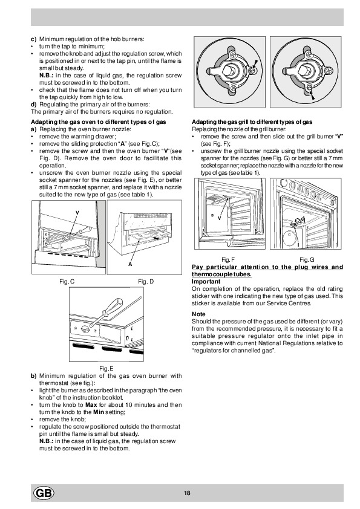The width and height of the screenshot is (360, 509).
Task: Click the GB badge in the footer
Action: [44, 493]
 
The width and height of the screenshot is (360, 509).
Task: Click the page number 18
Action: [187, 493]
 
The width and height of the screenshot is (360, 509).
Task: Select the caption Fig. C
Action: [67, 282]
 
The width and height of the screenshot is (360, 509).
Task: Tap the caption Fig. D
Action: [146, 282]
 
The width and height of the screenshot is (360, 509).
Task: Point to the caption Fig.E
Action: [106, 368]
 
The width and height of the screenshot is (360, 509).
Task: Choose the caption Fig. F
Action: [227, 259]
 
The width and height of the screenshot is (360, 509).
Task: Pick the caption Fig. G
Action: [307, 259]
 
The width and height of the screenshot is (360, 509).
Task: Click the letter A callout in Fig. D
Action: [130, 264]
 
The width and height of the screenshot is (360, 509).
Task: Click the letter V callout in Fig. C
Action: [77, 213]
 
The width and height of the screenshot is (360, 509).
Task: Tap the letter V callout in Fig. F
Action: [219, 218]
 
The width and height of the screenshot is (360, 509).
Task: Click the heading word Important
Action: [206, 282]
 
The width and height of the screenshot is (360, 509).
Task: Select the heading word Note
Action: [198, 314]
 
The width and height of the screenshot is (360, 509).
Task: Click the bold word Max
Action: [91, 405]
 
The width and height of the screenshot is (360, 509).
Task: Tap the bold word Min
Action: [99, 412]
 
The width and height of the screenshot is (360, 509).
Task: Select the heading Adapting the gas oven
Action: [99, 122]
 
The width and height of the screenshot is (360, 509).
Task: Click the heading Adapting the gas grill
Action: [252, 122]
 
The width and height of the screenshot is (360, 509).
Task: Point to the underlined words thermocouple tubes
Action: [221, 274]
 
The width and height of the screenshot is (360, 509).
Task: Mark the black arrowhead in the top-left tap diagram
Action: [255, 63]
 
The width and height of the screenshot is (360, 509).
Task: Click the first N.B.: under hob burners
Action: [47, 76]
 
